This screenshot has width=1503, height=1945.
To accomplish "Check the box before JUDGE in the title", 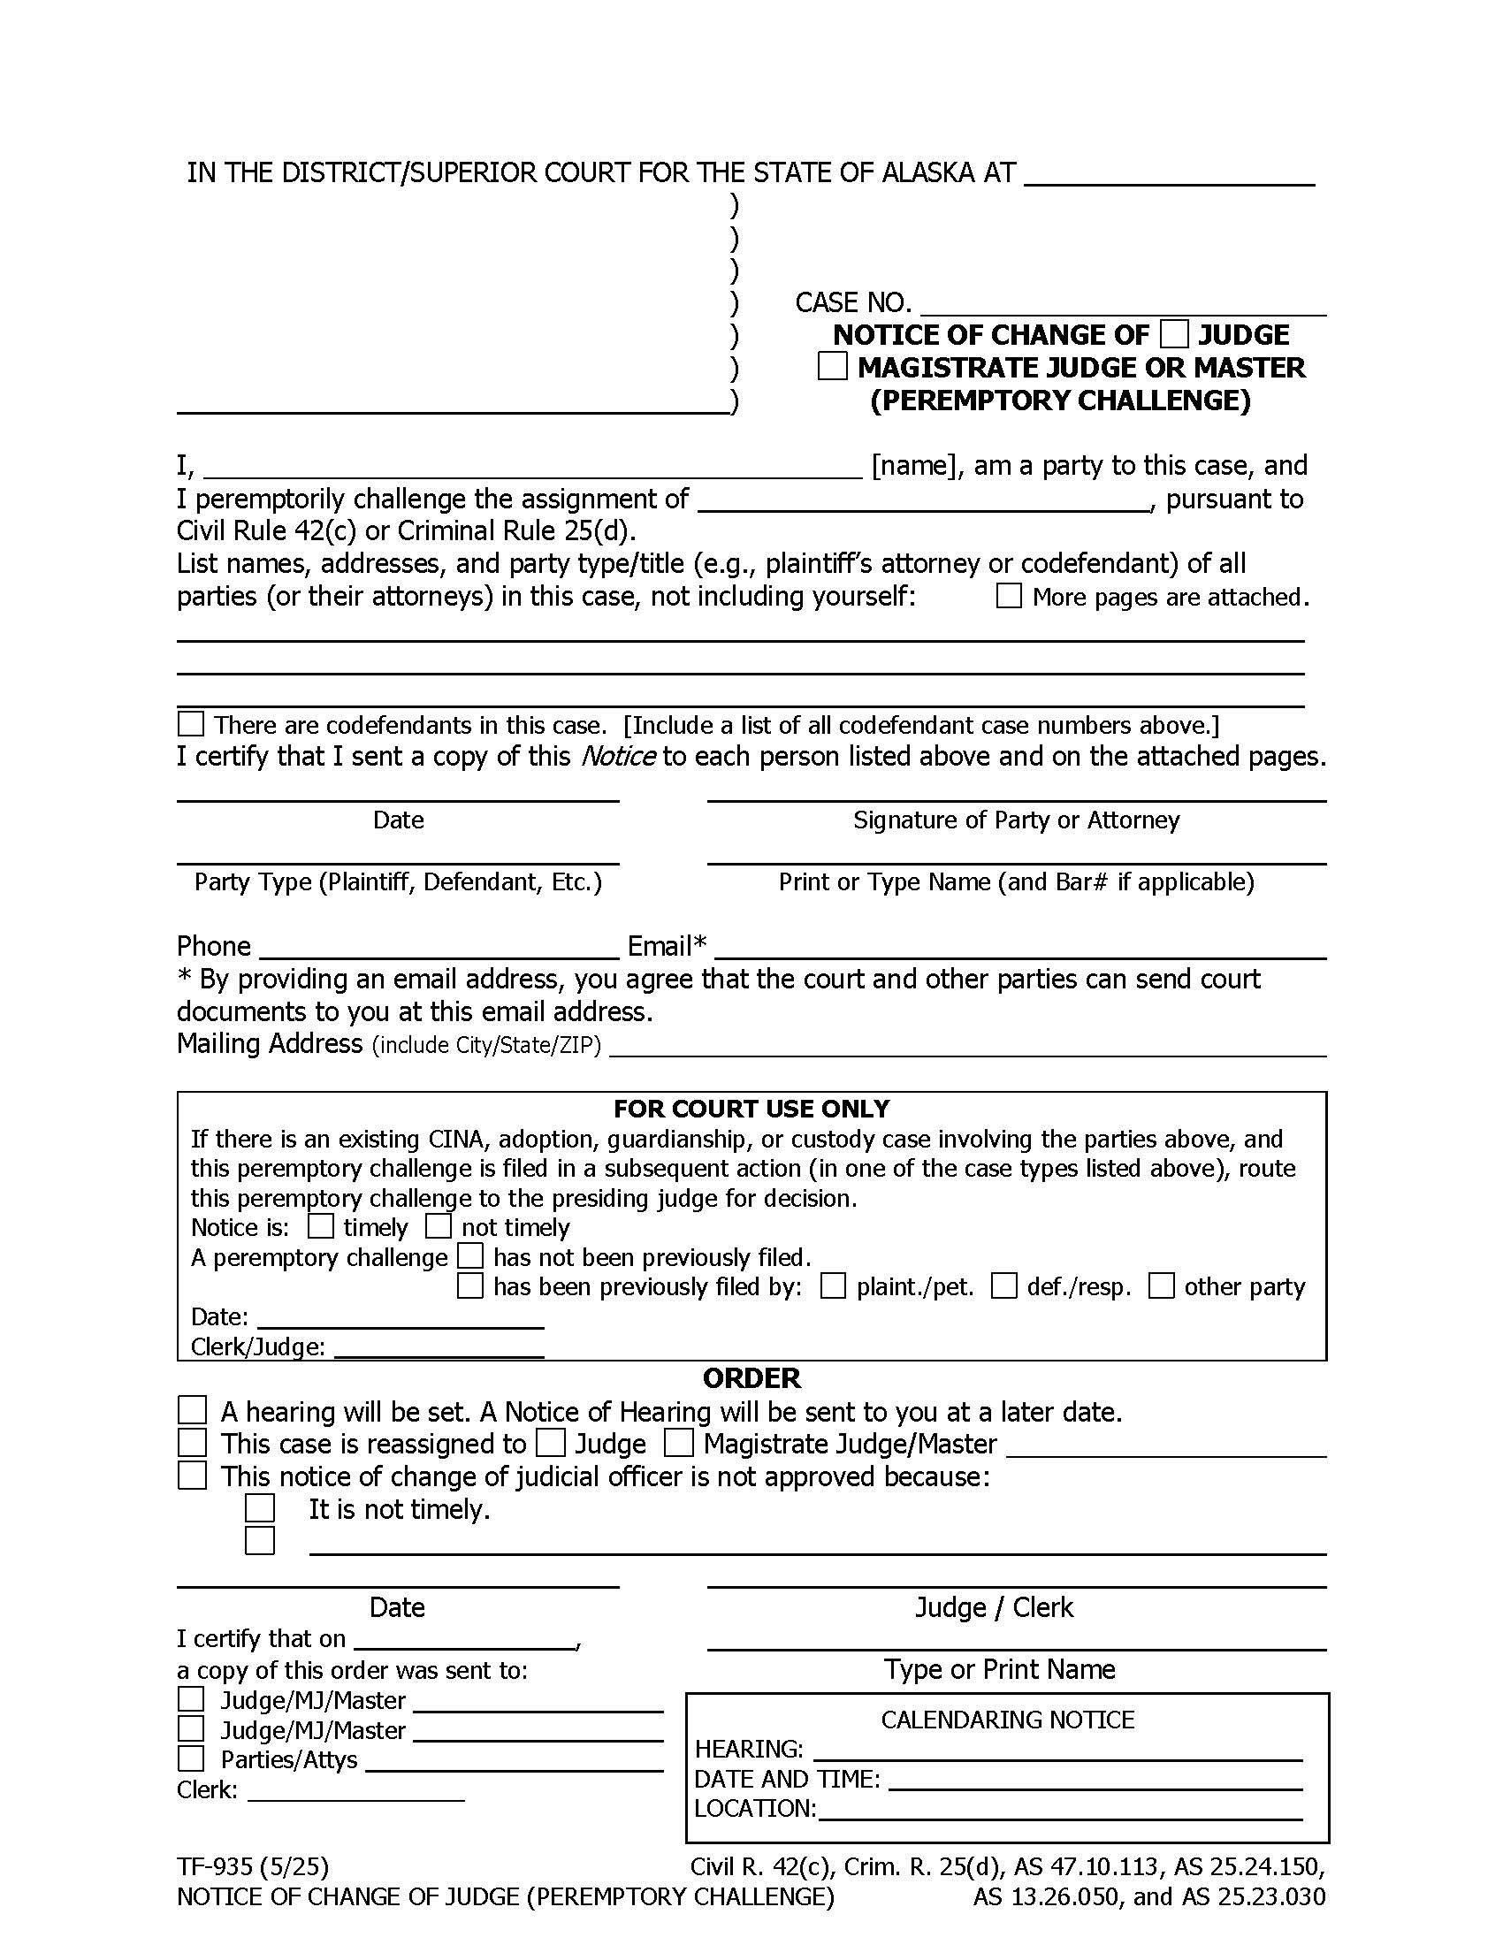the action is (1173, 335).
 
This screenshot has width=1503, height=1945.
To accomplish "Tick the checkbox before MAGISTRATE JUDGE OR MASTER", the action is (832, 367).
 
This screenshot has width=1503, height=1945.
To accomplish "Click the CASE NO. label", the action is (853, 302).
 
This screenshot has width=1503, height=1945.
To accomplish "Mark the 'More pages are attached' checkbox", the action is (1008, 596).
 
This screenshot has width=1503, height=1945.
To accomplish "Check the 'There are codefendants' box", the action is (191, 723).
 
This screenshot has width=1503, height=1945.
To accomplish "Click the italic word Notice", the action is (618, 756).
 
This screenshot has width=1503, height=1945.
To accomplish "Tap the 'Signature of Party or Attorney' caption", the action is (1016, 820).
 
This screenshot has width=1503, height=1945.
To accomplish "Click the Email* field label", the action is (667, 946).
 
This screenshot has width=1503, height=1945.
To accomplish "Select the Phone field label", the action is (214, 946).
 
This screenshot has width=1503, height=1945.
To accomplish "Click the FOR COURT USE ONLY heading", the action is (751, 1109).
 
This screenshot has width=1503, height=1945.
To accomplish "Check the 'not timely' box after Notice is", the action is (438, 1226).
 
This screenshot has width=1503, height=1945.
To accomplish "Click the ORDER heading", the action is (751, 1377).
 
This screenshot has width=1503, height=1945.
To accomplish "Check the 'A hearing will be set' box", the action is (193, 1411).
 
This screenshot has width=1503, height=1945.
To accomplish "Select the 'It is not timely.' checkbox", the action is (260, 1508).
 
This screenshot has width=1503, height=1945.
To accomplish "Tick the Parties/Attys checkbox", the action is (191, 1758).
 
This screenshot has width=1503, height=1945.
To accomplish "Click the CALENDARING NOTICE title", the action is (1007, 1720).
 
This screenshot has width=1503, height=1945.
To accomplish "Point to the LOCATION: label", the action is (754, 1809).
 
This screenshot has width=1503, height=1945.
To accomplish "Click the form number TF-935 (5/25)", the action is (253, 1865).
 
